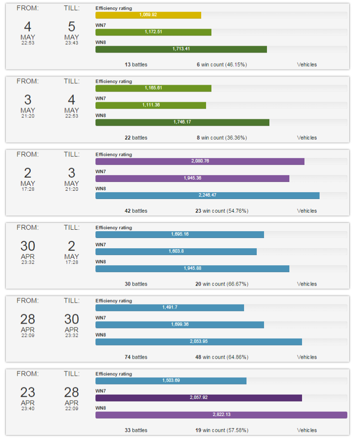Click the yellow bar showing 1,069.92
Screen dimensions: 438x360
pyautogui.click(x=148, y=15)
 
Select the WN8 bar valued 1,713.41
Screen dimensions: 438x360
pyautogui.click(x=181, y=49)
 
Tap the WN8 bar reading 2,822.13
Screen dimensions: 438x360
pyautogui.click(x=221, y=415)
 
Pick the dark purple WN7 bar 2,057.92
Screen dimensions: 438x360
pyautogui.click(x=199, y=398)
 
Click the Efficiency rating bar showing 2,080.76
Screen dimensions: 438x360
pyautogui.click(x=200, y=161)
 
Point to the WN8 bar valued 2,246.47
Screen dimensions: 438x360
pyautogui.click(x=208, y=195)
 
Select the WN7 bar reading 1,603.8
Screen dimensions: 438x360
pyautogui.click(x=176, y=252)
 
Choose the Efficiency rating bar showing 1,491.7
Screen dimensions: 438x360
pyautogui.click(x=170, y=308)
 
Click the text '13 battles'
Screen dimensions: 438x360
pyautogui.click(x=136, y=64)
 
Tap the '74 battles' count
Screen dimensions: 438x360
pyautogui.click(x=136, y=357)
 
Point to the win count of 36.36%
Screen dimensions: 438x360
pyautogui.click(x=222, y=138)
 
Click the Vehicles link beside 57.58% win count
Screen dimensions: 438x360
pyautogui.click(x=307, y=430)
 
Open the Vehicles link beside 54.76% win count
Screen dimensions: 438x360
pyautogui.click(x=307, y=211)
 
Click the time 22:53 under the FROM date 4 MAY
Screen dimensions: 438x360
pyautogui.click(x=28, y=43)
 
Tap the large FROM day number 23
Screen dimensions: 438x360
pyautogui.click(x=28, y=392)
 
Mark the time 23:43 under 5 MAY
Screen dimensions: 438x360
pyautogui.click(x=72, y=43)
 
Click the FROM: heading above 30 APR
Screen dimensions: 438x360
pyautogui.click(x=28, y=227)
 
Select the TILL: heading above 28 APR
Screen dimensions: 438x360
pyautogui.click(x=72, y=373)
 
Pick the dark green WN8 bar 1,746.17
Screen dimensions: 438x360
pyautogui.click(x=182, y=122)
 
